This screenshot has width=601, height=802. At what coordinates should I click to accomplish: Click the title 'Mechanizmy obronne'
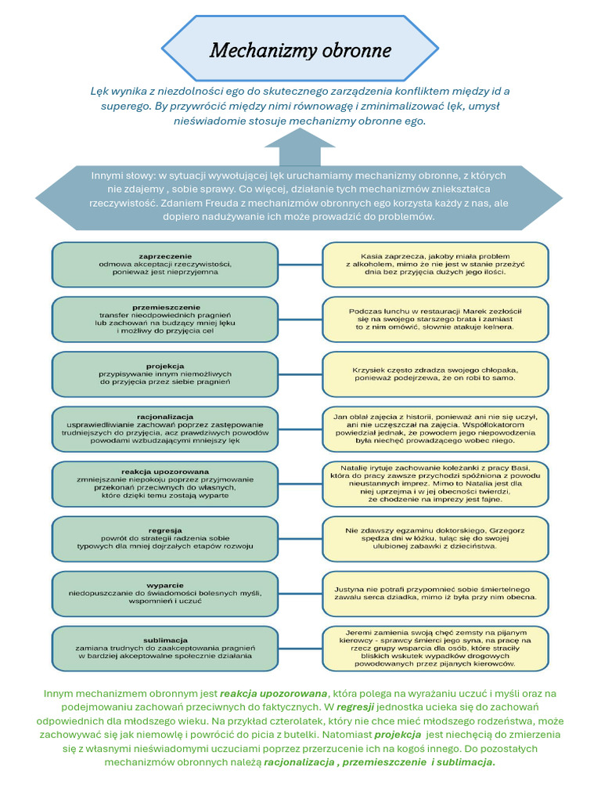300,52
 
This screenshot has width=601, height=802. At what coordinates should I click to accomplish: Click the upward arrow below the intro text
300,146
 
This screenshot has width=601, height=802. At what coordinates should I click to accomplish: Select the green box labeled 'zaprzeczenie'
164,264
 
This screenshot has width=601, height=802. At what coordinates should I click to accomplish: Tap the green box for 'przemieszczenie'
164,319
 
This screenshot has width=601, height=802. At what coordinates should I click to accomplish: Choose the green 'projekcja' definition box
164,374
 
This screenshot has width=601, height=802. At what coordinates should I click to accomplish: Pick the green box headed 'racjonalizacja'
164,428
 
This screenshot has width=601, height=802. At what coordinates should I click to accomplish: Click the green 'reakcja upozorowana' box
164,483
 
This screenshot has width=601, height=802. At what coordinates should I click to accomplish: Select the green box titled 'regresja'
164,538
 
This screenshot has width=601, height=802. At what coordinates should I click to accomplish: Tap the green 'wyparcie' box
164,593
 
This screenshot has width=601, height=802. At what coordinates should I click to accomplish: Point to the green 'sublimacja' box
164,648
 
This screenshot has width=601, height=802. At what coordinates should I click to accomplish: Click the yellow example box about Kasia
436,264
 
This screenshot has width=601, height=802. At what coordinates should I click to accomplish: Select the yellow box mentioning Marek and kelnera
436,319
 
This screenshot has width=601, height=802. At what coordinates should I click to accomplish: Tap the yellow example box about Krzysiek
436,374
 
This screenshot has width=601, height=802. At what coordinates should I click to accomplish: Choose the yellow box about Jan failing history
436,428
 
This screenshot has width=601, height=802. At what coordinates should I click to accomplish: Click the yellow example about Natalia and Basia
436,483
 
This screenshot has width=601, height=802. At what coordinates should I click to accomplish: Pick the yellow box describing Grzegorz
436,538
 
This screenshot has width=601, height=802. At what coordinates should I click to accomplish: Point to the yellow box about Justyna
436,593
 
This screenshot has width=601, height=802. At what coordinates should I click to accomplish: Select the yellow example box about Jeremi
436,648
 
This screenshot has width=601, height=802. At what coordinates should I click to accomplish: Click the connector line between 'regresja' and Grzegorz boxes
300,539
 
